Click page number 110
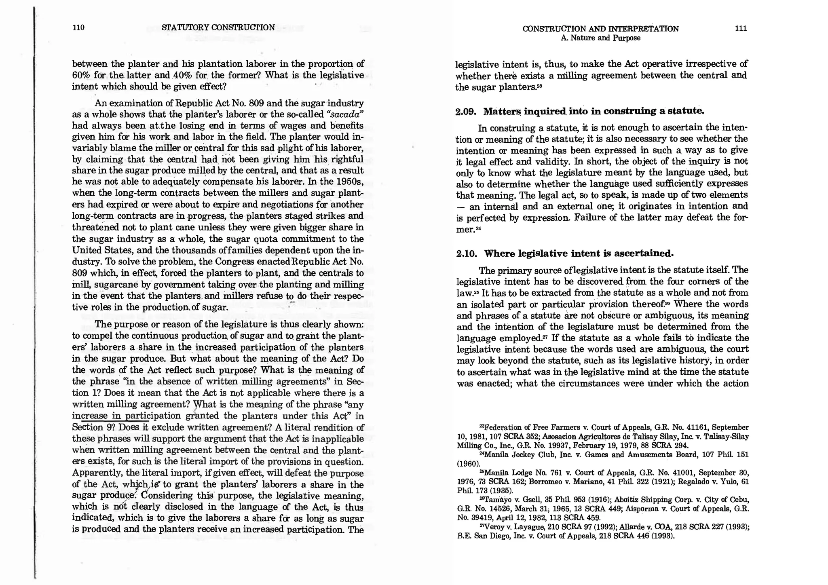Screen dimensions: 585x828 click(x=78, y=27)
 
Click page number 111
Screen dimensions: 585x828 click(x=741, y=28)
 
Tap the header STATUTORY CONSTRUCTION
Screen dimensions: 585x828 click(x=218, y=27)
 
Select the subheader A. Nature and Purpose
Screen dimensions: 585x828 click(x=600, y=38)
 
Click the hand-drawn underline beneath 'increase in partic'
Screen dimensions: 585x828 click(x=109, y=421)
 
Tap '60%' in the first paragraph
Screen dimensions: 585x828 click(x=80, y=75)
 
